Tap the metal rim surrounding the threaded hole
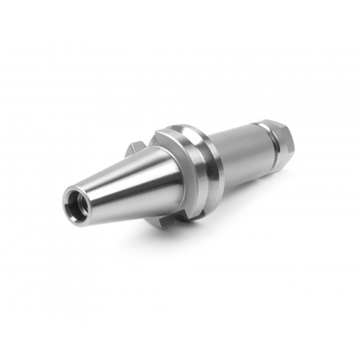[66, 192]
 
